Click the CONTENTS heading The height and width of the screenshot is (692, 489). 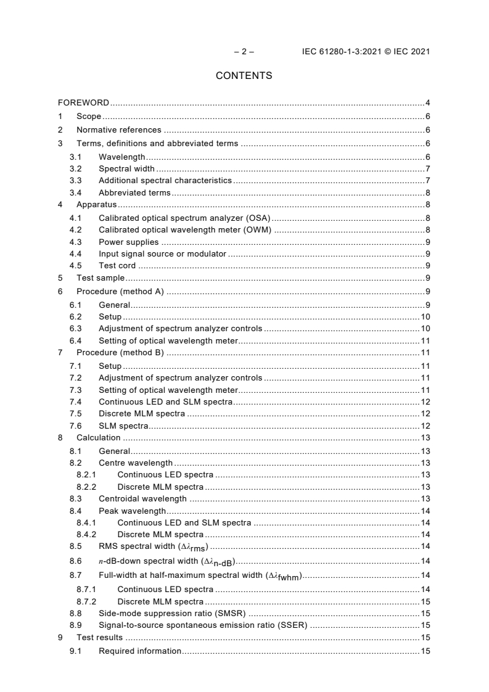tap(244, 76)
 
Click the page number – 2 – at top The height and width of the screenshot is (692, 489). tap(244, 52)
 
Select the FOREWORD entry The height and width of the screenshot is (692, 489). tap(84, 102)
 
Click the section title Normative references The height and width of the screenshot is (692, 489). tap(118, 130)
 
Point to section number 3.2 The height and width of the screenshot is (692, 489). tap(75, 169)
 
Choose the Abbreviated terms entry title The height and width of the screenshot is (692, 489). tap(134, 193)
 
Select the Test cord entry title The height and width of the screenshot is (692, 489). tap(117, 266)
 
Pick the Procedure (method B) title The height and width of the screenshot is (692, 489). tap(119, 352)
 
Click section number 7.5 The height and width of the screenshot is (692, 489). tap(75, 413)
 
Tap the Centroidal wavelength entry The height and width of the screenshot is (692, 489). tap(142, 498)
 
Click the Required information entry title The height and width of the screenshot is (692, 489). tap(140, 651)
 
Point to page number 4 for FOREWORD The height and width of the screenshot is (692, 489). tap(427, 102)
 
